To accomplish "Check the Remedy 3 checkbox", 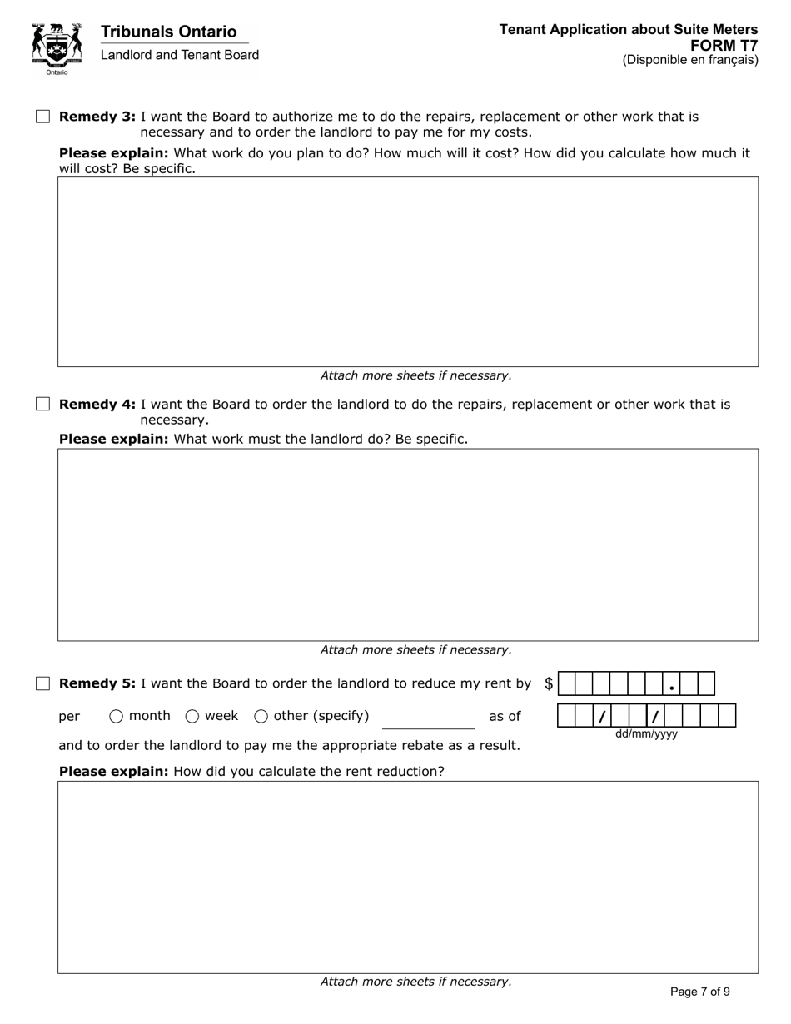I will click(x=43, y=117).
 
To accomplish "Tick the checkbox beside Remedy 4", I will click(x=43, y=404).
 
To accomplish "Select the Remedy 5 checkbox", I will click(x=43, y=683).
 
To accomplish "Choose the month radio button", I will click(x=117, y=716).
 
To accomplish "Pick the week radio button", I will click(x=192, y=716).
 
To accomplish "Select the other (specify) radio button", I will click(x=261, y=716).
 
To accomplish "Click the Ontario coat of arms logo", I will click(x=57, y=47).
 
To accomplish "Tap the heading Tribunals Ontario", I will click(x=168, y=32).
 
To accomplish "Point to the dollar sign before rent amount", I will click(x=549, y=683).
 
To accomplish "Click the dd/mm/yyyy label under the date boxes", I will click(x=646, y=734).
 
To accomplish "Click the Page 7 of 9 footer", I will click(x=700, y=992).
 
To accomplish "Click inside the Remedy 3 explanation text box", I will click(x=408, y=271).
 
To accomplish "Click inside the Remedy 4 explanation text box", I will click(x=408, y=544).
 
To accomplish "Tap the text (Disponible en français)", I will click(x=690, y=60).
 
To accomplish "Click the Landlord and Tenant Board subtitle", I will click(x=180, y=55).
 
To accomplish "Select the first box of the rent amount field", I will click(x=567, y=683).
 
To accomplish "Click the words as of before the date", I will click(x=505, y=716).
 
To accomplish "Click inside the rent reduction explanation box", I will click(x=408, y=877).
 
